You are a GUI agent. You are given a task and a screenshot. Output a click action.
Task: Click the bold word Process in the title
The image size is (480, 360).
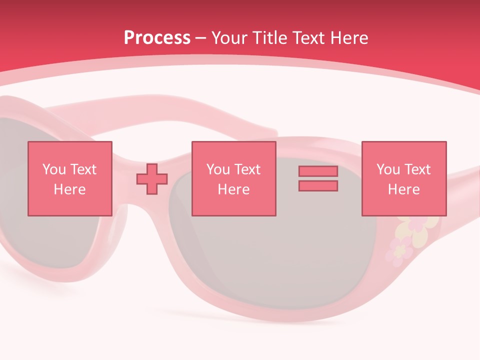[x=157, y=38]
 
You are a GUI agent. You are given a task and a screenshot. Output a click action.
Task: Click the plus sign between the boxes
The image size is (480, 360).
[x=152, y=178]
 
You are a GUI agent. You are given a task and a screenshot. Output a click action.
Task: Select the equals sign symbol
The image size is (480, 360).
[x=318, y=178]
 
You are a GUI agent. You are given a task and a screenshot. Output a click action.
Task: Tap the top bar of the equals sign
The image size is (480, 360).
[x=318, y=171]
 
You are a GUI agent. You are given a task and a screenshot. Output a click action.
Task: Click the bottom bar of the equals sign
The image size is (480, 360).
[x=318, y=185]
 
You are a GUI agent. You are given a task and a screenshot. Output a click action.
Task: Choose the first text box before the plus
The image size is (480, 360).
[x=69, y=178]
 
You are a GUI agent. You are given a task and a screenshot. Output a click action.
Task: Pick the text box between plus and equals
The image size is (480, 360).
[x=233, y=178]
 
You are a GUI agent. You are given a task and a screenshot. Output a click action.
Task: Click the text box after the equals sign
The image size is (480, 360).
[x=403, y=178]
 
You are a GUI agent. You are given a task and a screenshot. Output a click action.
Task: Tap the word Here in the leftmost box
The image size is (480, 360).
[x=69, y=189]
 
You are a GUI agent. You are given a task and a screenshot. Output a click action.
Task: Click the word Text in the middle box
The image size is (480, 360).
[x=247, y=169]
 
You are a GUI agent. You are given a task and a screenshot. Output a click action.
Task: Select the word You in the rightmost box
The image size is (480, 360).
[x=388, y=169]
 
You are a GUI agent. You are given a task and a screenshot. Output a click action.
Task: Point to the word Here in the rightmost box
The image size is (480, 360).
[x=403, y=189]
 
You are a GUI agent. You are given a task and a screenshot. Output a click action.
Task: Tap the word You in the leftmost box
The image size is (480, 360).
[x=54, y=169]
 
